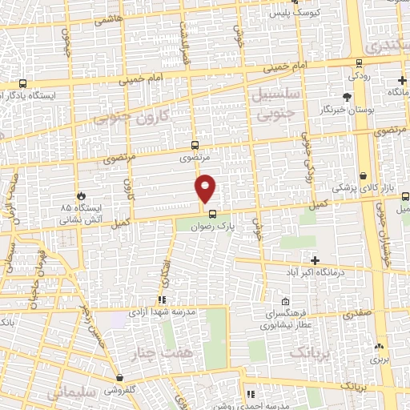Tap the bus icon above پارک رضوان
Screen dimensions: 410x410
click(211, 213)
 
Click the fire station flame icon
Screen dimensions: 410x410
click(81, 195)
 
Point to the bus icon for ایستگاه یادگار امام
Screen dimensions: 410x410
click(22, 83)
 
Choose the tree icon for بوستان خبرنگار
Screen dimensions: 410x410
click(346, 95)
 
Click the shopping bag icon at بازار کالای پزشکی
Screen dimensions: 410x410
click(363, 175)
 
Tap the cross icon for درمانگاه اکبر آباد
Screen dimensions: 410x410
click(315, 260)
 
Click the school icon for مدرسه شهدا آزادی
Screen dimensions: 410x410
click(162, 300)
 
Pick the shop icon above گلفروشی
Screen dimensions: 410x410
click(119, 377)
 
